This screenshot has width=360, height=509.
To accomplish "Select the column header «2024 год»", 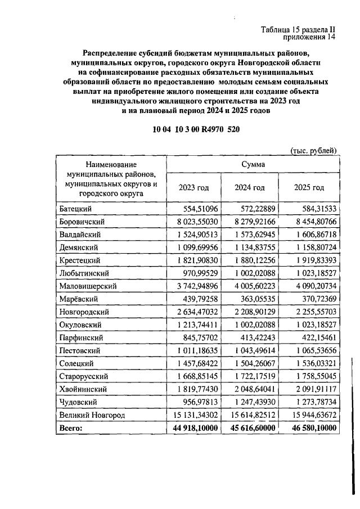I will (250, 187).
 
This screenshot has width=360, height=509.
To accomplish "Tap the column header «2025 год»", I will (309, 187).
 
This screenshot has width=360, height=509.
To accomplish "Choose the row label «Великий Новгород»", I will (91, 415).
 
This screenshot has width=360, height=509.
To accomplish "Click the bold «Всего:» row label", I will (71, 428).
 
